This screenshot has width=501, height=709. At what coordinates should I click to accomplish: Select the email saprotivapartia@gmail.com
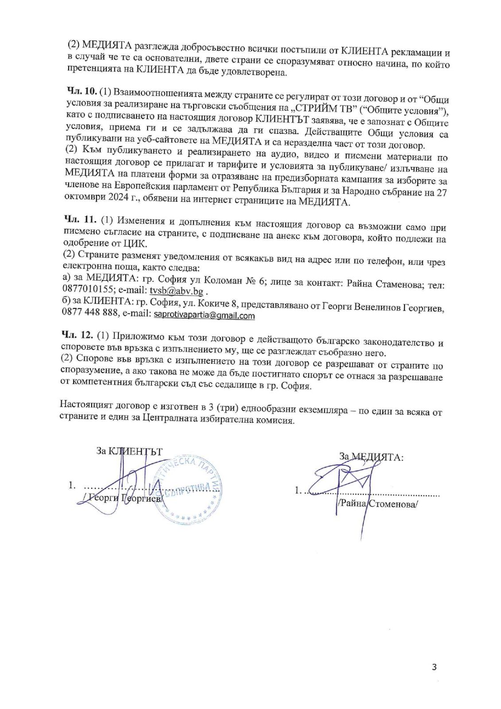(204, 316)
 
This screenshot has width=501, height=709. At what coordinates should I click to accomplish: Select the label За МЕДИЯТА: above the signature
(371, 457)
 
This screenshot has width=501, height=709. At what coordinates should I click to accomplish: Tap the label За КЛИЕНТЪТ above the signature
(129, 452)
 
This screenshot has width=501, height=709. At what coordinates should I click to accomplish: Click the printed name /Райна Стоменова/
(377, 504)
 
